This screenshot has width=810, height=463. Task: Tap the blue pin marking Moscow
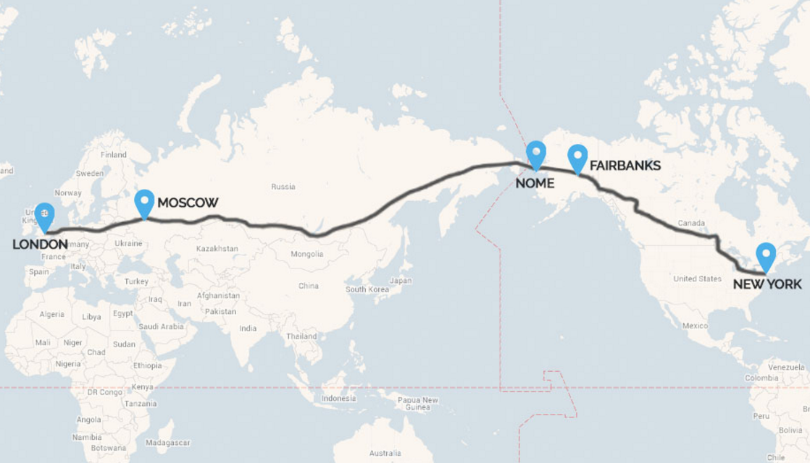[x=145, y=203]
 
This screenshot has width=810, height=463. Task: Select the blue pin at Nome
[x=535, y=154]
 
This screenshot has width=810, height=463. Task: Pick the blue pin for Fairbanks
[x=577, y=158]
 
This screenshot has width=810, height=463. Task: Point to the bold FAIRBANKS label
[x=625, y=166]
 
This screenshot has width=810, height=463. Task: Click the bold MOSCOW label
[x=188, y=203]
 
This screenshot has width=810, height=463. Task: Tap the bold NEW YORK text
[x=767, y=284]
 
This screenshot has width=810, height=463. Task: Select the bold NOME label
[x=535, y=183]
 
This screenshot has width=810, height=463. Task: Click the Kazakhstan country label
[x=217, y=248]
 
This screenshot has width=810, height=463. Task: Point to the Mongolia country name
[x=308, y=254]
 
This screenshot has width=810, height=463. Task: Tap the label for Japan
[x=401, y=281]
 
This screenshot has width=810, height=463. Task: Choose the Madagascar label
[x=167, y=442]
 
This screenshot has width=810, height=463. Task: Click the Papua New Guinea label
[x=418, y=404]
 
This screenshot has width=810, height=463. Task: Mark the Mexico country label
[x=695, y=326]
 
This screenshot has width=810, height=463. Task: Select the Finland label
[x=114, y=154]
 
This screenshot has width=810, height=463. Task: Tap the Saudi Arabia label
[x=162, y=326]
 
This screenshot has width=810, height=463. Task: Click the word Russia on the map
[x=283, y=187]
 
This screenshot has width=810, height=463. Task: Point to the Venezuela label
[x=786, y=368]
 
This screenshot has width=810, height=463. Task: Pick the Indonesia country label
[x=339, y=399]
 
